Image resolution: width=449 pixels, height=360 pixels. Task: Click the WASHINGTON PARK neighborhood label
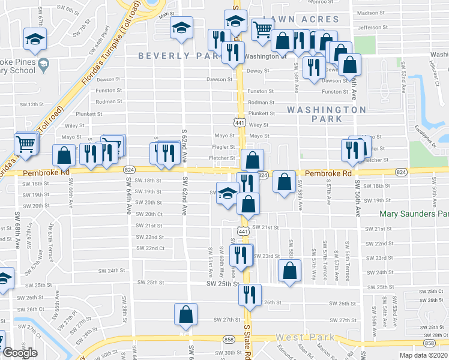click(x=326, y=114)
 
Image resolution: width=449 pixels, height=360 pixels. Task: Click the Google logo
click(x=20, y=352)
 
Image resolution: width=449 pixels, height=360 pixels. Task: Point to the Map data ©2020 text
click(x=423, y=355)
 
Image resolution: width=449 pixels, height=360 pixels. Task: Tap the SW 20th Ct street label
click(x=149, y=214)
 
